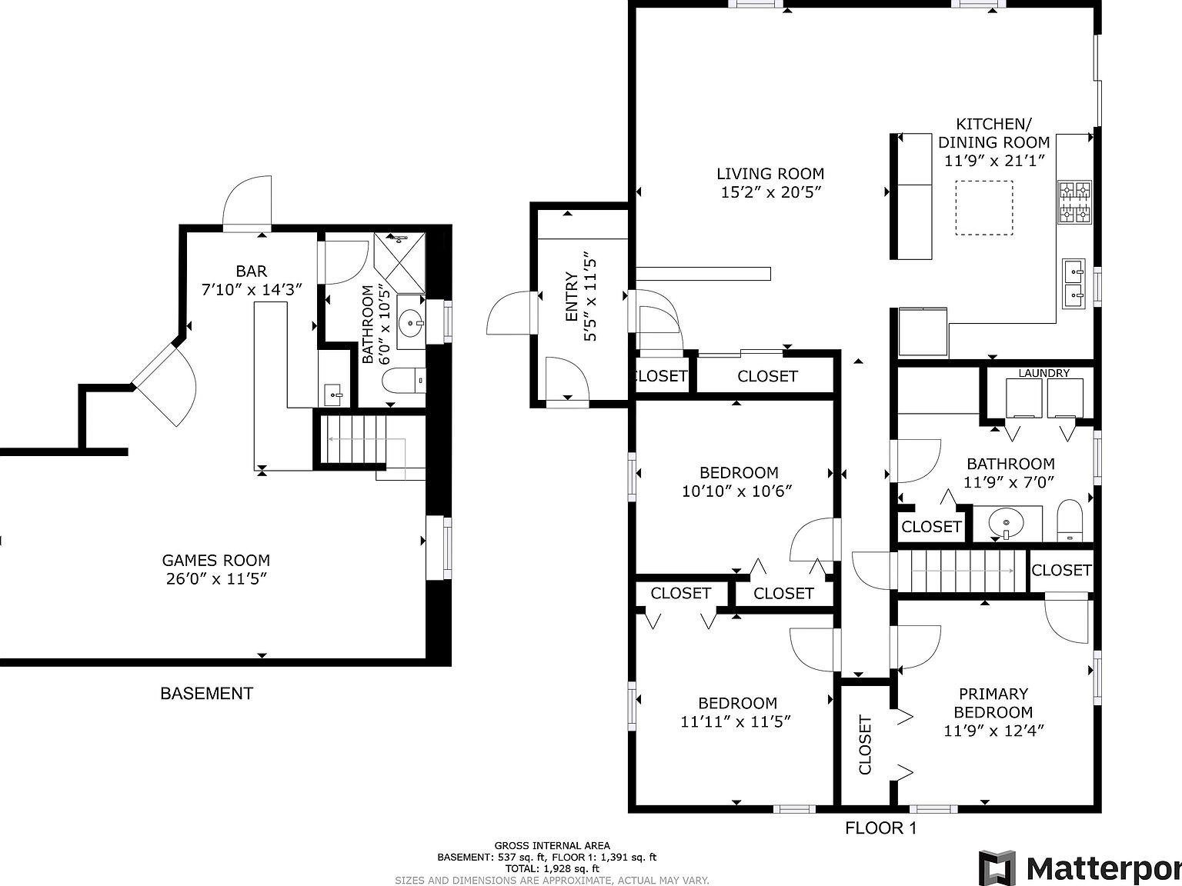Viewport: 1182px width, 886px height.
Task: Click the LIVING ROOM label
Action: (770, 174)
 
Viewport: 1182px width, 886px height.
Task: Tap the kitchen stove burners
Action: (1074, 202)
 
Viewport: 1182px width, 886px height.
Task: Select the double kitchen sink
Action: (1073, 282)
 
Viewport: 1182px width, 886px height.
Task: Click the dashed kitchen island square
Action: (983, 207)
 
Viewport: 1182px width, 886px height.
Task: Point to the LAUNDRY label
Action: (1043, 373)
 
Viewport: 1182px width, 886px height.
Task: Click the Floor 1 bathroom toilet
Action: (1070, 522)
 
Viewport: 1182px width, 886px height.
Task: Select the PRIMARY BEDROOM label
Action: (993, 703)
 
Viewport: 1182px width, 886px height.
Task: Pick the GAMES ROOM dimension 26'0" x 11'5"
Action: (216, 579)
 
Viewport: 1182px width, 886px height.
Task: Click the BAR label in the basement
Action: (251, 271)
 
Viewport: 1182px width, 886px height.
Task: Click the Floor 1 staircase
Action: (962, 571)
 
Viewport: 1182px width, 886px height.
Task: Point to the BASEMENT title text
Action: (206, 693)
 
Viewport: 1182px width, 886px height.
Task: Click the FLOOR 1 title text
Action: (880, 828)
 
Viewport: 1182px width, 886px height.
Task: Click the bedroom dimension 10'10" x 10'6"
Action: (736, 491)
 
